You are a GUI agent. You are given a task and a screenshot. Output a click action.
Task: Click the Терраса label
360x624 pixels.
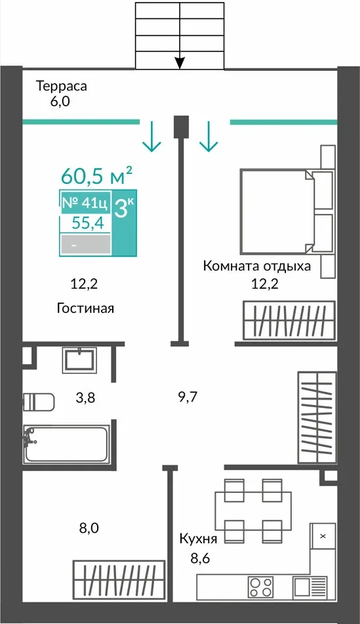61,86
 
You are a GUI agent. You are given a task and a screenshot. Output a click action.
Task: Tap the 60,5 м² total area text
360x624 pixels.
96,176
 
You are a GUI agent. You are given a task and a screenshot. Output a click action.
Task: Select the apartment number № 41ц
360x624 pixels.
85,203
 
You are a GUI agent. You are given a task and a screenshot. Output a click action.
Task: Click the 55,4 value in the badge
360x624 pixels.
87,223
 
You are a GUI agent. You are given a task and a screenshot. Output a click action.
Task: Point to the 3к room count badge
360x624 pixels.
125,207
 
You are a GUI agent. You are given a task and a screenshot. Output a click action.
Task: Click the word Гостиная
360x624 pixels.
85,308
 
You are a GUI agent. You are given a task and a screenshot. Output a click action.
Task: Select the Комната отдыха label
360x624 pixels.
257,266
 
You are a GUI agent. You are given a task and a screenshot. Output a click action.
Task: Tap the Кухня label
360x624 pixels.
198,539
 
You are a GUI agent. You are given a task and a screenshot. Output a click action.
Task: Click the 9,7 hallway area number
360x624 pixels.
188,397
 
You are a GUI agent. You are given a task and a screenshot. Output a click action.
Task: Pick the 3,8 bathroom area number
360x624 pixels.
85,397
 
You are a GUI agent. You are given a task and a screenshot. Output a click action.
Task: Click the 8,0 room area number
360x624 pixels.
89,528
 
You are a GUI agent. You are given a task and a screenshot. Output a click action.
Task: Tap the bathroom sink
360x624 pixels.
79,360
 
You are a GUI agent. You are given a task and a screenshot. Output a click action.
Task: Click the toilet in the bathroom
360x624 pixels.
38,402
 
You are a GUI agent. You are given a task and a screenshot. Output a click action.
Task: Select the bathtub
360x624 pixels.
66,444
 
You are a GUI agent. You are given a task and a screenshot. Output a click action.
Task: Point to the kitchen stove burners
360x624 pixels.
261,587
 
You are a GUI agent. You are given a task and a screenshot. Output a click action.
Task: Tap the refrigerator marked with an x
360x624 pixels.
323,537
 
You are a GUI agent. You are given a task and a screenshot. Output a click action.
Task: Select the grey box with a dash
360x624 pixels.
85,244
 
